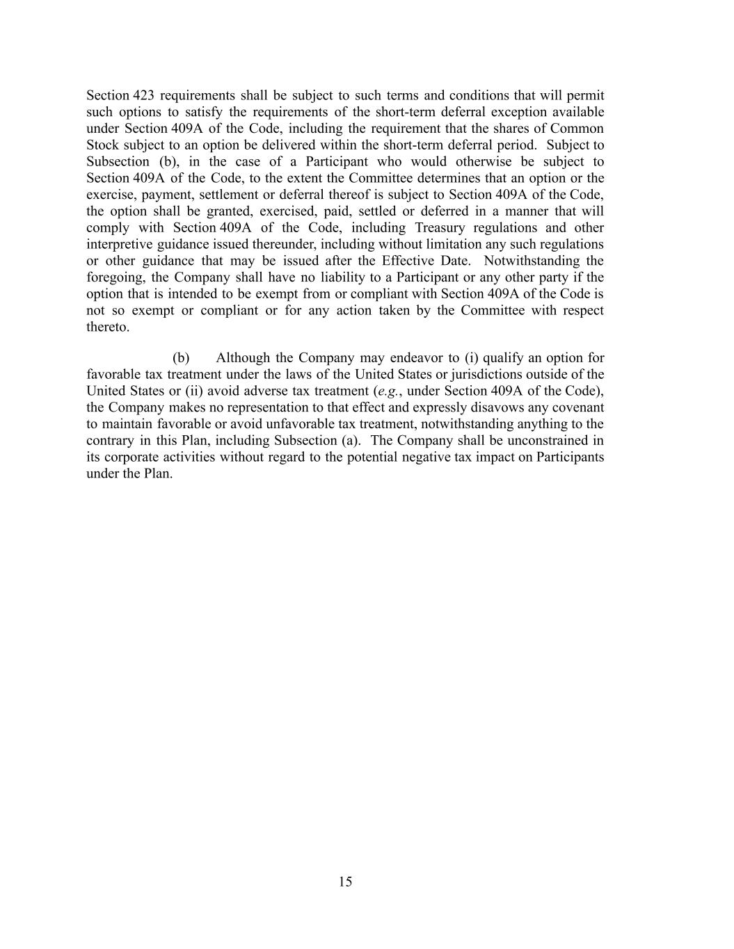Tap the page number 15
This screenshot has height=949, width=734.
[346, 882]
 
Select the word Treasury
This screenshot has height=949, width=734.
[440, 228]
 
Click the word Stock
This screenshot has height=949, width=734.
[103, 145]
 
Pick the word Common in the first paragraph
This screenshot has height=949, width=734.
[577, 129]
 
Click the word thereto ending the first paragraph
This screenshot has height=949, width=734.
[108, 327]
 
